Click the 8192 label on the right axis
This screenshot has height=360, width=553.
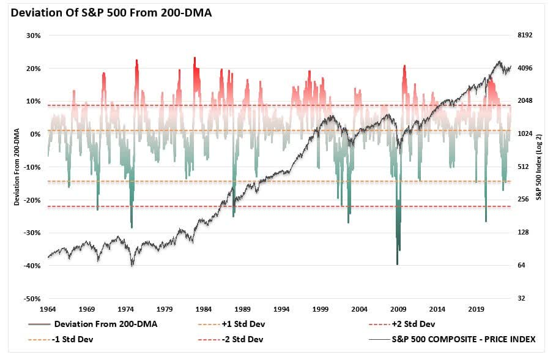[525, 36]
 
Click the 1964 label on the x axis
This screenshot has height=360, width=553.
[48, 309]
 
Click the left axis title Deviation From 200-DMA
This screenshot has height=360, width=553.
[17, 167]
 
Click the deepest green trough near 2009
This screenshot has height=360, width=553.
[397, 263]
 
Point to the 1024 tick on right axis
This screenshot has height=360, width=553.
[525, 134]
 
